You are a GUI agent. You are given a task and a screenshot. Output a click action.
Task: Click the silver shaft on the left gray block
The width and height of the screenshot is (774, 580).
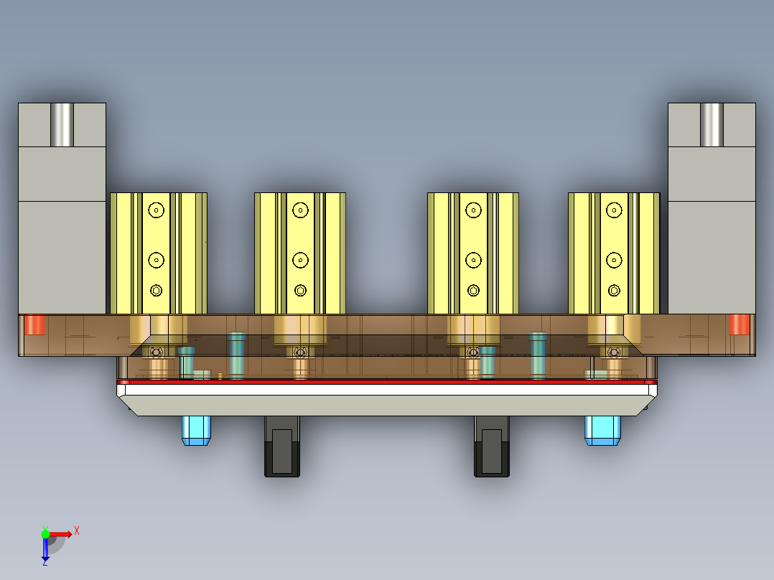62,125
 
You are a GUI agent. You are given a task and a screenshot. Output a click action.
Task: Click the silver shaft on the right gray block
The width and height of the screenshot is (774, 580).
712,125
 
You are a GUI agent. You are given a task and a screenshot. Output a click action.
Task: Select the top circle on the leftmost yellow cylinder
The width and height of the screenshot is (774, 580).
157,210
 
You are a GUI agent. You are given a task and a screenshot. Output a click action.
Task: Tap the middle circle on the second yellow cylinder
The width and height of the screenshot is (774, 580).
301,259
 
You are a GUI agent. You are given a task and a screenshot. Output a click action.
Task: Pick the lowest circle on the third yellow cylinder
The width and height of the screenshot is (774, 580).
473,290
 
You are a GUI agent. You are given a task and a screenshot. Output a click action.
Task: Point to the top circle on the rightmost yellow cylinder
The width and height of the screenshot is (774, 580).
614,210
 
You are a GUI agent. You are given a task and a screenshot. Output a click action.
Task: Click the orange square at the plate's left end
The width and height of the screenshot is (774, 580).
34,324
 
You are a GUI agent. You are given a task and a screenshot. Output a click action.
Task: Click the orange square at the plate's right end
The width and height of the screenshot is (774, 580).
739,324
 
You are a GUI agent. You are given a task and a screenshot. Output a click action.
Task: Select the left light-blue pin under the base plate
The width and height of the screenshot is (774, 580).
195,430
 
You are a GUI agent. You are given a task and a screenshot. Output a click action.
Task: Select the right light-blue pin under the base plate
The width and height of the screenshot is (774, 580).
602,430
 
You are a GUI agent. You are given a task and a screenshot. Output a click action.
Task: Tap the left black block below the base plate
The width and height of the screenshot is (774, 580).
282,447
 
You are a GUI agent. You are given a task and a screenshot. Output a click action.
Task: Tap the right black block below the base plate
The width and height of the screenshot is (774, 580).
492,447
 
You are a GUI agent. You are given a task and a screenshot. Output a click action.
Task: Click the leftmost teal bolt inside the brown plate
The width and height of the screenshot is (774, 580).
187,361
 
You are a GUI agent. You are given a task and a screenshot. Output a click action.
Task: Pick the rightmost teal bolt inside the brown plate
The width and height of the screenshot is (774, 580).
538,356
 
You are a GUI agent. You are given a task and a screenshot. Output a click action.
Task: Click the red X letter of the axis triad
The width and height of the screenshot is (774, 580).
77,530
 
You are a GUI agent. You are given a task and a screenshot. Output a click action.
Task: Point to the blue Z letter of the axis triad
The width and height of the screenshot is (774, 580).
45,563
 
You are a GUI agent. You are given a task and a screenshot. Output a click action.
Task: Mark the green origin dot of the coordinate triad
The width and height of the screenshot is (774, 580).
45,533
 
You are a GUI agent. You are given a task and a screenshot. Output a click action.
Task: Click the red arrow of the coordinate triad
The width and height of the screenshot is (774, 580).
62,533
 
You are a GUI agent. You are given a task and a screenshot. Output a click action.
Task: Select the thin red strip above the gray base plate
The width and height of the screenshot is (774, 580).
387,382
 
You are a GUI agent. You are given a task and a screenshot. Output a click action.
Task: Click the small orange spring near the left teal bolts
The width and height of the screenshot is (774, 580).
220,375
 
